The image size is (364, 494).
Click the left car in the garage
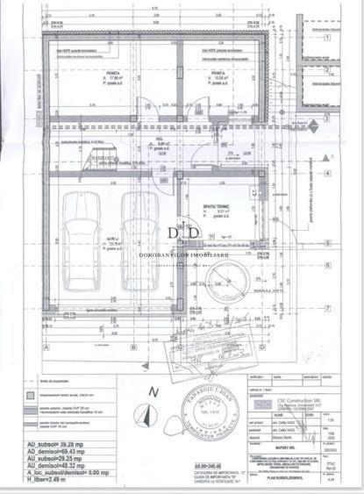click(87, 248)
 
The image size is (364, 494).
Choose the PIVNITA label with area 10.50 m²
click(219, 75)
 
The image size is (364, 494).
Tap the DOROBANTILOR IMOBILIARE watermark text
click(184, 254)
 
